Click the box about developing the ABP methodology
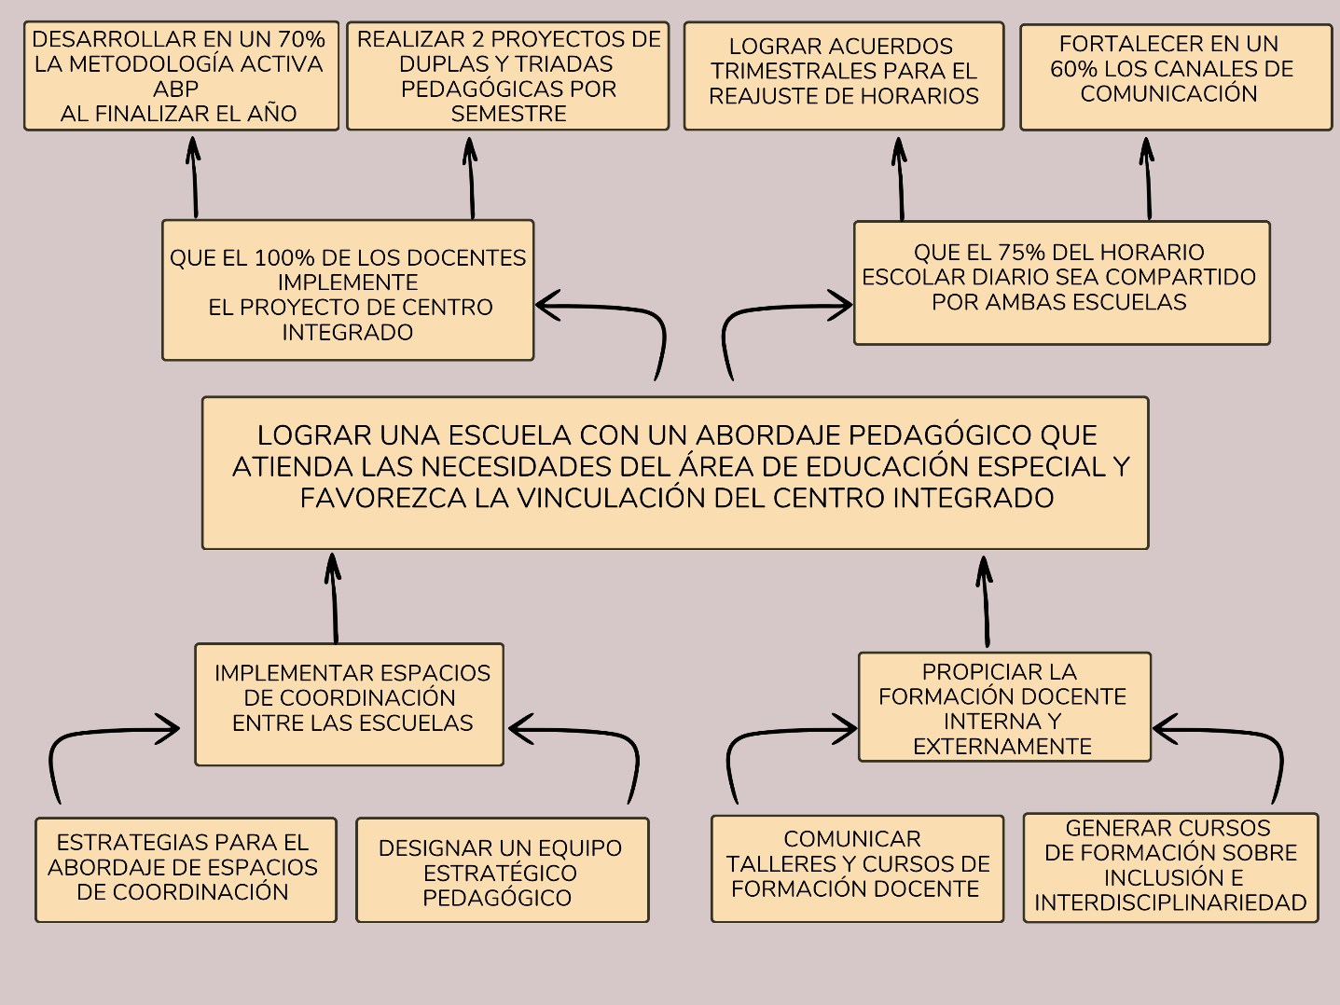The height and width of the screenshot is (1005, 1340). [x=181, y=76]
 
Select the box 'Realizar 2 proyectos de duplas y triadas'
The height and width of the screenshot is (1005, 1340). [x=507, y=76]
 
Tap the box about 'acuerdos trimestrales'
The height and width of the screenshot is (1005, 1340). [x=843, y=76]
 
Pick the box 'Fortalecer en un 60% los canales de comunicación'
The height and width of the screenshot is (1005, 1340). [x=1175, y=76]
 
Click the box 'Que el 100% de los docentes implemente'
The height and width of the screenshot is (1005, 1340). [x=348, y=290]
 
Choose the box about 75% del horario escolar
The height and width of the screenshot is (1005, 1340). [x=1061, y=282]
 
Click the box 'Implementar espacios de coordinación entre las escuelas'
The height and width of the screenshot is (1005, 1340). [x=350, y=704]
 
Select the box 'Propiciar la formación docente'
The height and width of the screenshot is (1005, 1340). [x=1003, y=707]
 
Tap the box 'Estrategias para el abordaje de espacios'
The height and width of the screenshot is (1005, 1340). [x=186, y=869]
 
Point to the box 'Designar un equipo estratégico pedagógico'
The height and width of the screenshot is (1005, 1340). [x=502, y=870]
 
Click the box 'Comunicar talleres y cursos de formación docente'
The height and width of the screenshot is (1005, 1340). [x=856, y=868]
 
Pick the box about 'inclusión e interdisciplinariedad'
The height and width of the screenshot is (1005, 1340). [x=1170, y=868]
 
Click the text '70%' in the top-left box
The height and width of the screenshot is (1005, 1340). [x=301, y=40]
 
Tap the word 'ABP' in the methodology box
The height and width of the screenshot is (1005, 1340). [x=176, y=89]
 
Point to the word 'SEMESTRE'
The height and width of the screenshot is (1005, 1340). [x=508, y=114]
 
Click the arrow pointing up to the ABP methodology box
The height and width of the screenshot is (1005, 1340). [x=194, y=177]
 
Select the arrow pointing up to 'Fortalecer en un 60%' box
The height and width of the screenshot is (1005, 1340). [x=1148, y=178]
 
